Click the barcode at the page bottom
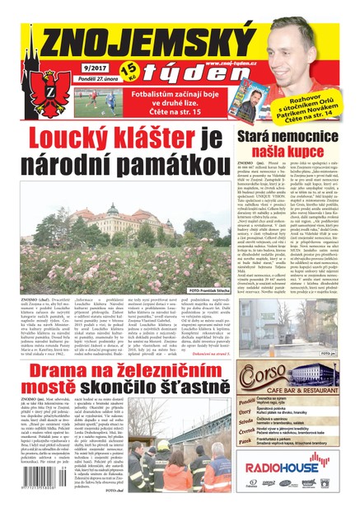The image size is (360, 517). tap(41, 487)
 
